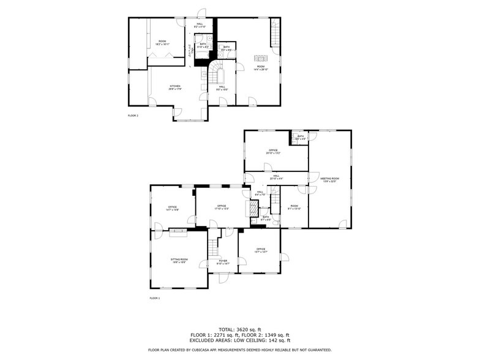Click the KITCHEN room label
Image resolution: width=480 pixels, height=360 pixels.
click(174, 87)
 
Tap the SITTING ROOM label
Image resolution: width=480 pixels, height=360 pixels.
click(179, 260)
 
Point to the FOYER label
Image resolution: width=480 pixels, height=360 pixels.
click(223, 261)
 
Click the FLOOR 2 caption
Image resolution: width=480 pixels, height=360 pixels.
click(133, 115)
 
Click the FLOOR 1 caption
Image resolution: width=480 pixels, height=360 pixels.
click(154, 298)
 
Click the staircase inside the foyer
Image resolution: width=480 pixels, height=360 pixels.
click(212, 247)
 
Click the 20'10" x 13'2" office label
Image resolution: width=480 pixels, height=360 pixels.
click(272, 151)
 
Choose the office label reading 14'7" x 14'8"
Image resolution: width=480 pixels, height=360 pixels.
click(172, 208)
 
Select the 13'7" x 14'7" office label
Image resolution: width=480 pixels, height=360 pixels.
click(260, 250)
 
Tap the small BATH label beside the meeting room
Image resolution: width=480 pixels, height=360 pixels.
click(300, 138)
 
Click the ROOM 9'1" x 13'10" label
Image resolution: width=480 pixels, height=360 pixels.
click(294, 207)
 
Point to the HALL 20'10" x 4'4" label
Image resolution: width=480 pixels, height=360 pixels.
click(276, 177)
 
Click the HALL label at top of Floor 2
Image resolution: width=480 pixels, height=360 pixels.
click(200, 26)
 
